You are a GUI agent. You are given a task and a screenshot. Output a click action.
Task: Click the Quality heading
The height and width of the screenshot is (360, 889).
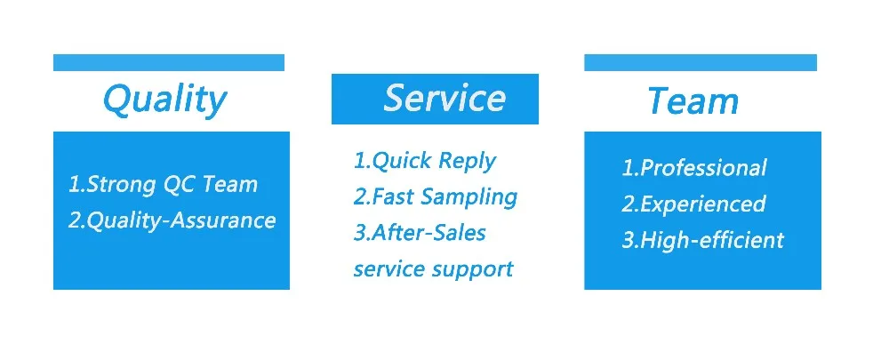point(164,100)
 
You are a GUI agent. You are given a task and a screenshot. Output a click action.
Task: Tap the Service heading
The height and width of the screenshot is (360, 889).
point(444,98)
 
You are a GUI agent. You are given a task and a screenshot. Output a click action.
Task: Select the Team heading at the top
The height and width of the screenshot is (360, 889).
point(693,101)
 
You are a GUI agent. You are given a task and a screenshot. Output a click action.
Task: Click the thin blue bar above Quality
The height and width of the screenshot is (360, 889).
point(168,62)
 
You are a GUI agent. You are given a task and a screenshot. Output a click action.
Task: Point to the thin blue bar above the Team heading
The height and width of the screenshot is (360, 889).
point(701,62)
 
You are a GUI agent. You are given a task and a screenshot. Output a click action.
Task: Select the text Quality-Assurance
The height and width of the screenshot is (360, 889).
point(180,220)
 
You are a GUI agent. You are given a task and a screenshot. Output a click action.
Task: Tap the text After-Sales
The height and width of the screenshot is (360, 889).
point(428,233)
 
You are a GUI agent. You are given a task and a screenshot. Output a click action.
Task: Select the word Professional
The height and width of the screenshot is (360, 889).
point(703,168)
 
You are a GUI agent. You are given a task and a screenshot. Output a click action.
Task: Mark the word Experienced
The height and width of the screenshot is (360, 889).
point(702,204)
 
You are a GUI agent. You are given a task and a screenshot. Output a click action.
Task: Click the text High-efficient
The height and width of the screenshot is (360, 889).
point(711,240)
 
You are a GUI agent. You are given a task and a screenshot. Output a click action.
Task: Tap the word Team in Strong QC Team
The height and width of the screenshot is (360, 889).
point(229,185)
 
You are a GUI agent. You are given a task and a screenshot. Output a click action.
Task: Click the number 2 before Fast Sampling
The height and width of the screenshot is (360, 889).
point(359,197)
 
